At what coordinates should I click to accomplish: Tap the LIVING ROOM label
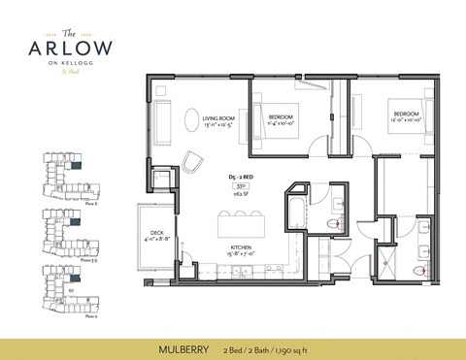click(220, 120)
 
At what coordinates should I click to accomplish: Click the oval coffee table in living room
click(187, 122)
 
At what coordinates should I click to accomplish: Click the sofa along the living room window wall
click(159, 123)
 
